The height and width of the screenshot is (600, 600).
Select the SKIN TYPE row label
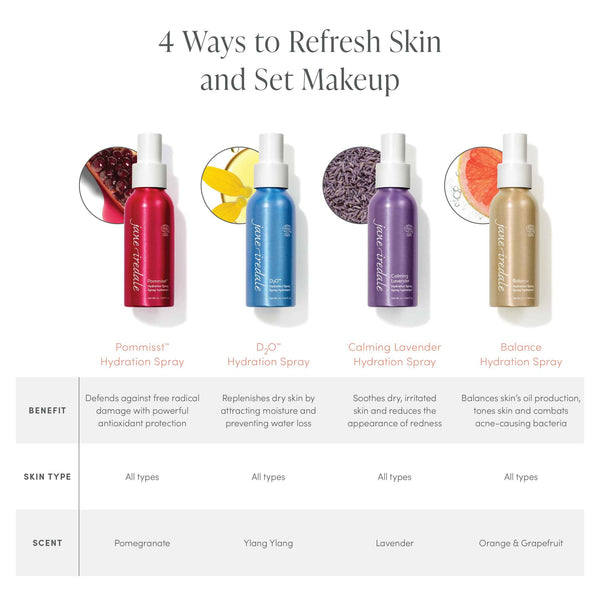click(46, 477)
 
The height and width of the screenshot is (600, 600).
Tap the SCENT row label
click(46, 543)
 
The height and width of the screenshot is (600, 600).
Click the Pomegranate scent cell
click(142, 543)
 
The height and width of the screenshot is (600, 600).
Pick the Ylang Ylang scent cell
click(268, 543)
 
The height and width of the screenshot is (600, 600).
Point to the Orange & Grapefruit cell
click(520, 543)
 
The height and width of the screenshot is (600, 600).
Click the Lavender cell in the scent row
click(394, 543)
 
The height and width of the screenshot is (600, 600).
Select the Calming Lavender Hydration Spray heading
click(394, 354)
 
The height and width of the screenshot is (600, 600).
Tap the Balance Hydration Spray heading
click(520, 354)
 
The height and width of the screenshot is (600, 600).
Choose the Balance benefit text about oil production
click(520, 411)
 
